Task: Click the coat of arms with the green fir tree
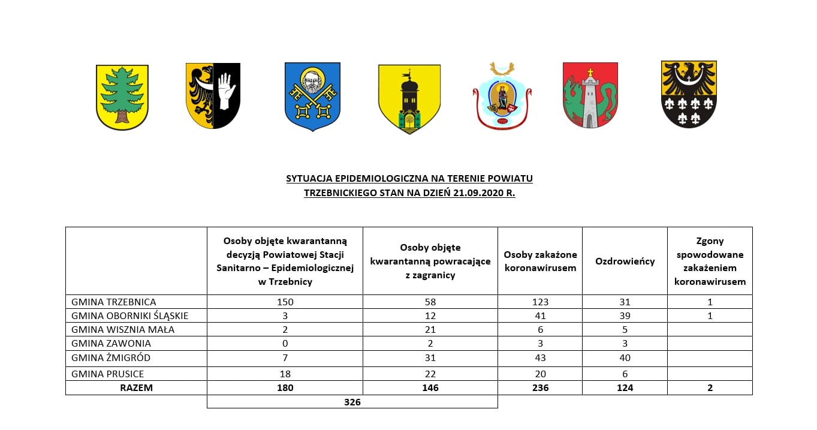click(x=122, y=97)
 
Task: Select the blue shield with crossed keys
click(x=312, y=97)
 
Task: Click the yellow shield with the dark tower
click(x=409, y=99)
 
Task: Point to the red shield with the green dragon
click(x=590, y=96)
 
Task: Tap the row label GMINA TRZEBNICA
click(x=113, y=302)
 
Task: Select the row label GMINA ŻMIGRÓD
click(x=111, y=358)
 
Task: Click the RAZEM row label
click(x=136, y=388)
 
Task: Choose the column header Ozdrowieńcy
click(x=625, y=261)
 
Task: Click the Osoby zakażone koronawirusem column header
click(x=540, y=261)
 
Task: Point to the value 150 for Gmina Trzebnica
click(x=285, y=302)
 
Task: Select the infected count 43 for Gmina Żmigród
click(x=540, y=358)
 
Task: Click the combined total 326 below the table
click(x=352, y=402)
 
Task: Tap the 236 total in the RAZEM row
click(x=540, y=388)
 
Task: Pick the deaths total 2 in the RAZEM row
click(x=710, y=388)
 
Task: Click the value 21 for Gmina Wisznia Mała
click(x=430, y=329)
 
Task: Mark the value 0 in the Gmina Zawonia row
click(x=285, y=344)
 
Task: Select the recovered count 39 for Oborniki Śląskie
click(x=625, y=315)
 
